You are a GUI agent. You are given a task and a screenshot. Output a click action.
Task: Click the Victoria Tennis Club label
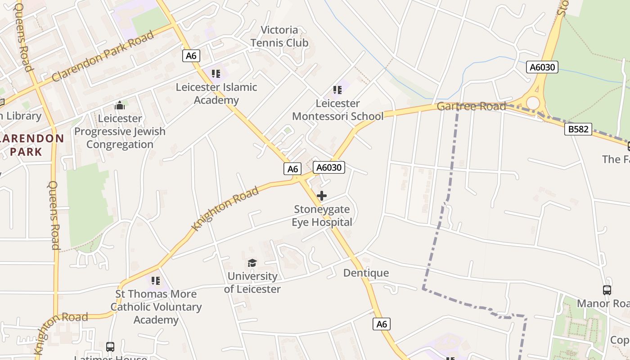279,36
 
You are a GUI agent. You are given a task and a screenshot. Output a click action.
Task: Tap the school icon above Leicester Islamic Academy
216,73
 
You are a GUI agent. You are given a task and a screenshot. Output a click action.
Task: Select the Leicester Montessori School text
337,110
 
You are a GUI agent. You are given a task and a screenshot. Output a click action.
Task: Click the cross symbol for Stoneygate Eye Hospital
322,196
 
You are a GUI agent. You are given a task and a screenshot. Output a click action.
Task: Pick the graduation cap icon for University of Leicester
252,263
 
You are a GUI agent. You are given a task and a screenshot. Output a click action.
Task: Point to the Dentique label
366,273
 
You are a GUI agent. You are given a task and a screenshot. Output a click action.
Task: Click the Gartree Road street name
471,107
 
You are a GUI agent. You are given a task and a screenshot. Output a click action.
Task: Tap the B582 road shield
578,129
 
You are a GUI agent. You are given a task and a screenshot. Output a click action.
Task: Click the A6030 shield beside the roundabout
542,67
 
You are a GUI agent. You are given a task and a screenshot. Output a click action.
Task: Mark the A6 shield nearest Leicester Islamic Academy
191,55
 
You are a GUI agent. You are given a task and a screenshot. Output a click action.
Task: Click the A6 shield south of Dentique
381,324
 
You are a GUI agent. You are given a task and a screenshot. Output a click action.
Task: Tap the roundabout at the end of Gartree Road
533,103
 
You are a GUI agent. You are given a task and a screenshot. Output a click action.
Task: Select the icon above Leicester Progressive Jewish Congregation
120,105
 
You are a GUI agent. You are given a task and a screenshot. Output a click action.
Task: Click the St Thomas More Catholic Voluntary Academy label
156,307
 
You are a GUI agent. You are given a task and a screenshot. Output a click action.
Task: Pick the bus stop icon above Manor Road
607,290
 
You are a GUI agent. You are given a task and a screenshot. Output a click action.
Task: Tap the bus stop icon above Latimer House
110,347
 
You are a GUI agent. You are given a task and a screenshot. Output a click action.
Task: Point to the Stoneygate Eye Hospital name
322,216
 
